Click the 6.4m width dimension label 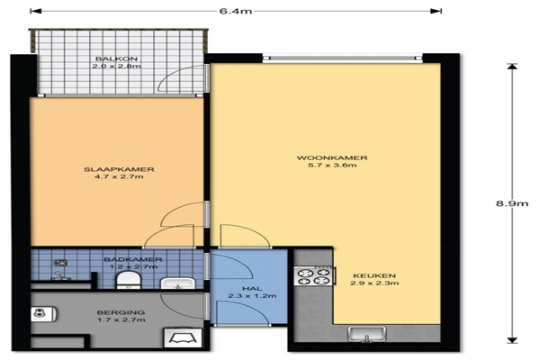[236, 11]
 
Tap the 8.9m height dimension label [512, 203]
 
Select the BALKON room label [116, 58]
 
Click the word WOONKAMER [332, 157]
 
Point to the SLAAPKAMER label [119, 169]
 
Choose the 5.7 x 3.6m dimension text [332, 166]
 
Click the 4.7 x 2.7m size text [119, 176]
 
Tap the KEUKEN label [374, 275]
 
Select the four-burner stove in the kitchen [314, 276]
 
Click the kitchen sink [367, 334]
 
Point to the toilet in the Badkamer [129, 280]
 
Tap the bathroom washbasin [178, 283]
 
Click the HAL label [252, 288]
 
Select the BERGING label [121, 312]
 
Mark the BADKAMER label [133, 259]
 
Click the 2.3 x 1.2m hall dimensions [252, 296]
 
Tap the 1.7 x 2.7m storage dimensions [121, 320]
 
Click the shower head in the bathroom [61, 263]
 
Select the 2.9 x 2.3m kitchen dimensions [374, 283]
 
